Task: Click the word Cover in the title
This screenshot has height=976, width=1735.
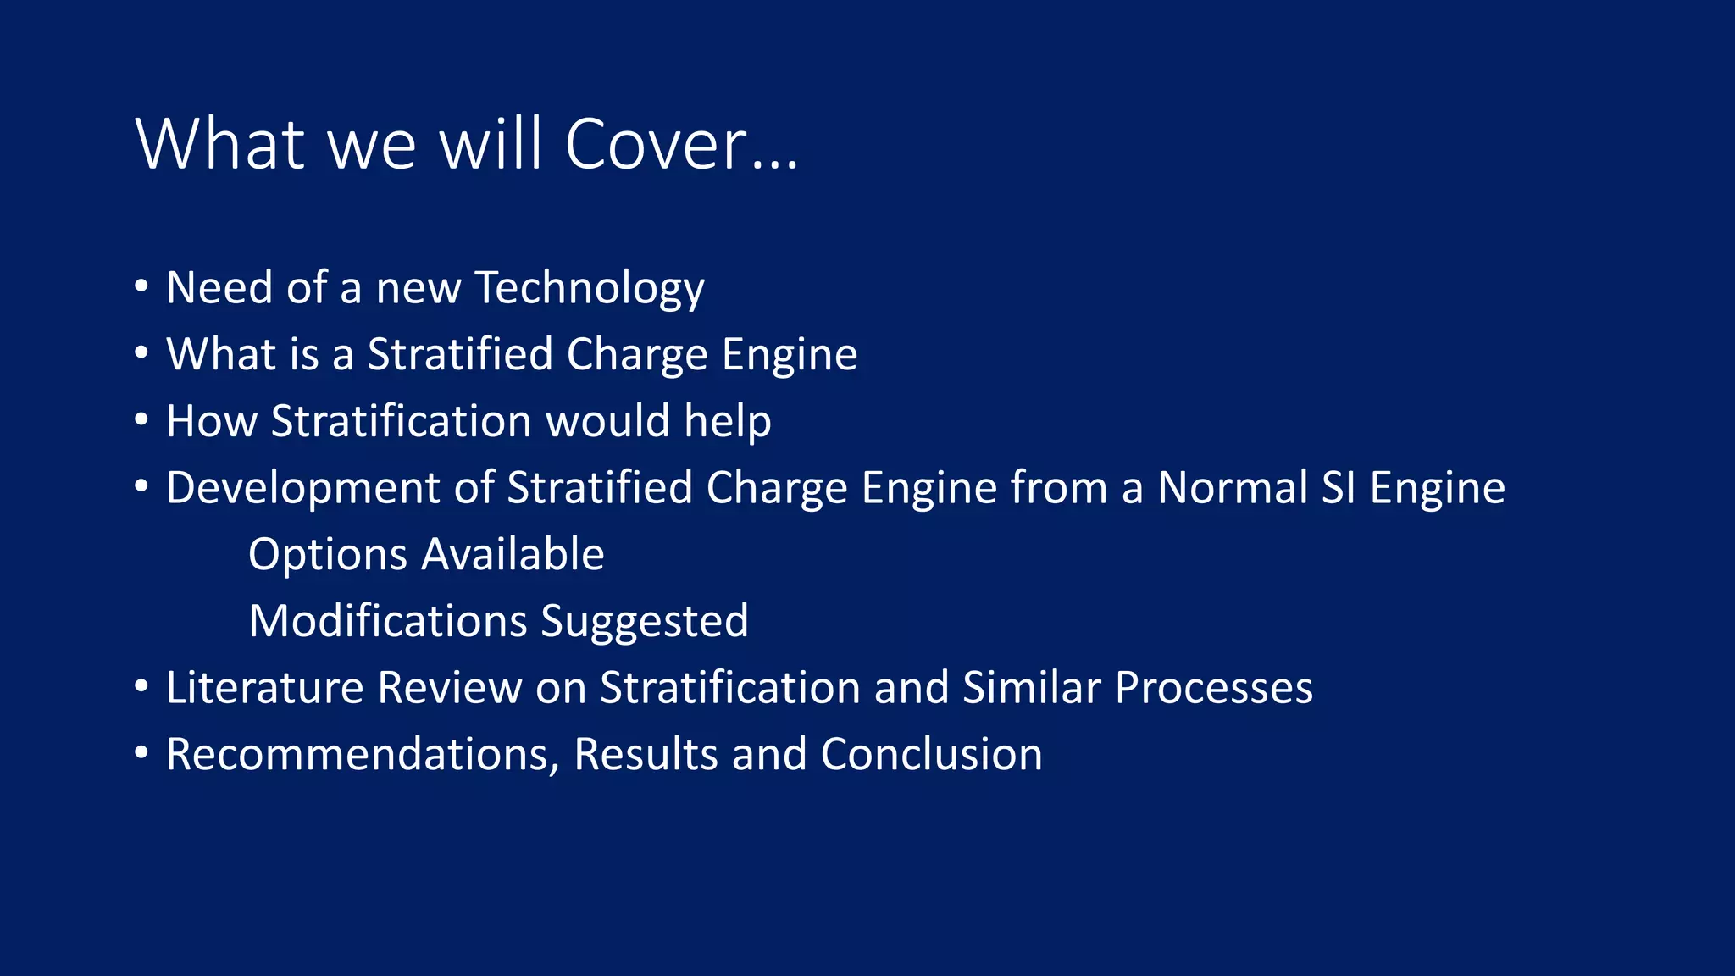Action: pyautogui.click(x=656, y=144)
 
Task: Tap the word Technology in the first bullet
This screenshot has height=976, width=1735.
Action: pyautogui.click(x=590, y=288)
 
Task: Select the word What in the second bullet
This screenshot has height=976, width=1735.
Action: pyautogui.click(x=216, y=354)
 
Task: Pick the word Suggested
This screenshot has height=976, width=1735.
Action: pyautogui.click(x=645, y=621)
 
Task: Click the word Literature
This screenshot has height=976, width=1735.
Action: pyautogui.click(x=264, y=687)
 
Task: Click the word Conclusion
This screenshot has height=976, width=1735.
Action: pyautogui.click(x=931, y=754)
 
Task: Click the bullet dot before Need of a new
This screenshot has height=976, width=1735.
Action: pyautogui.click(x=141, y=286)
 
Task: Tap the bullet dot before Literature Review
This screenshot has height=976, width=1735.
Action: pyautogui.click(x=141, y=685)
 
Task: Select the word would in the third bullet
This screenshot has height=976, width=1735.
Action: pyautogui.click(x=607, y=421)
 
